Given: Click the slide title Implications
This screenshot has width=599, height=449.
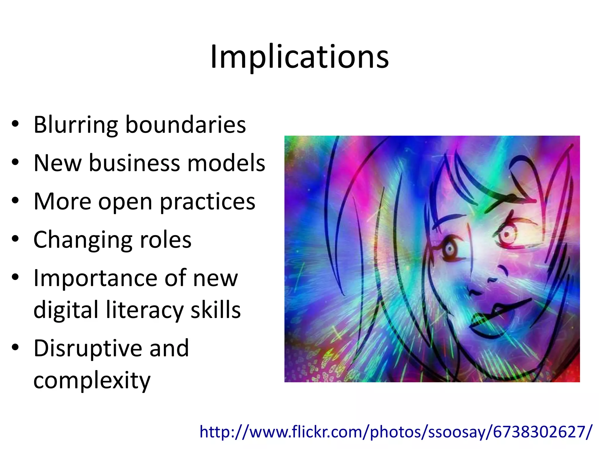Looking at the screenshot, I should (x=299, y=57).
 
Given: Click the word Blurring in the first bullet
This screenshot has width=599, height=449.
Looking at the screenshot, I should (x=75, y=125).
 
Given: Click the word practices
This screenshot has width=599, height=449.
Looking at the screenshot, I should (x=207, y=202).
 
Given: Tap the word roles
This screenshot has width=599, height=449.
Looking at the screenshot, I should (x=166, y=240).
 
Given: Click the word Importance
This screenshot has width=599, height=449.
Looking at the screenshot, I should (x=95, y=278).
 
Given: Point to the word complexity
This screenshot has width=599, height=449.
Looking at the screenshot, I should (x=92, y=381).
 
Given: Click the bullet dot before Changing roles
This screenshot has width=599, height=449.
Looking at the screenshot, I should (x=16, y=239).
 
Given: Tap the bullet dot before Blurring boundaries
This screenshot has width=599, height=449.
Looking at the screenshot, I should (x=16, y=124).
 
